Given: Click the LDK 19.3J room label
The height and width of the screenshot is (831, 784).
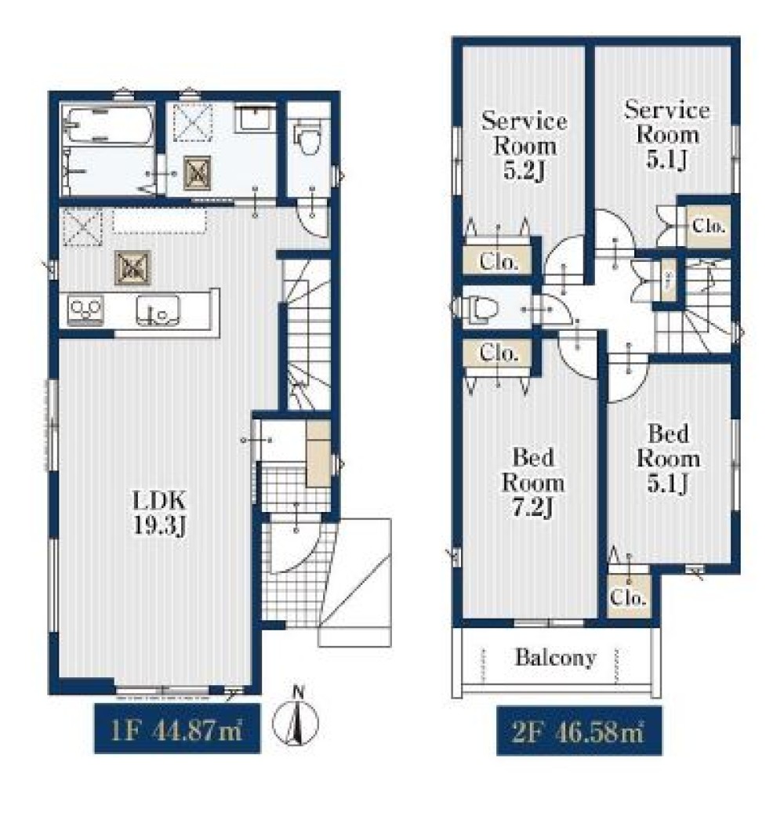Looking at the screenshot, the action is tap(159, 513).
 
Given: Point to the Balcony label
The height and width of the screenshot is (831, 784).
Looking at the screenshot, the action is tap(556, 658).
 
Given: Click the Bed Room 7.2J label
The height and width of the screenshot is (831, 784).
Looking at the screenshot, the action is tap(533, 482).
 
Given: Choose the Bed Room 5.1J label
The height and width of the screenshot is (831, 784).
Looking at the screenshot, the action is tap(668, 459).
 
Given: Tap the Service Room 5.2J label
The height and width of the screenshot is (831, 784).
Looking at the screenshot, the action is tap(524, 146).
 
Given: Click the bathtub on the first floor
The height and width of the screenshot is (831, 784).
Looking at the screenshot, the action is tap(107, 126).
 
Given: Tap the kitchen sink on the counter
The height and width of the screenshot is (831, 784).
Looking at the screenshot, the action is tap(158, 310).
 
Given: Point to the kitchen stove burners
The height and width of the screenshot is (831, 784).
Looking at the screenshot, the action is tap(85, 310).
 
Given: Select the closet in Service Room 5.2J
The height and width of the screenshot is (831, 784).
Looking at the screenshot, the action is tap(498, 261).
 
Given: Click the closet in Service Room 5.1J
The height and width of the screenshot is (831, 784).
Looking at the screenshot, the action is tap(709, 226).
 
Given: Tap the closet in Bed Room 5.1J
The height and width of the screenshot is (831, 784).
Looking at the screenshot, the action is tap(629, 597).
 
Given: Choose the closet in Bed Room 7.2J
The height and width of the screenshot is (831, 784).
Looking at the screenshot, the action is tap(497, 354).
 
